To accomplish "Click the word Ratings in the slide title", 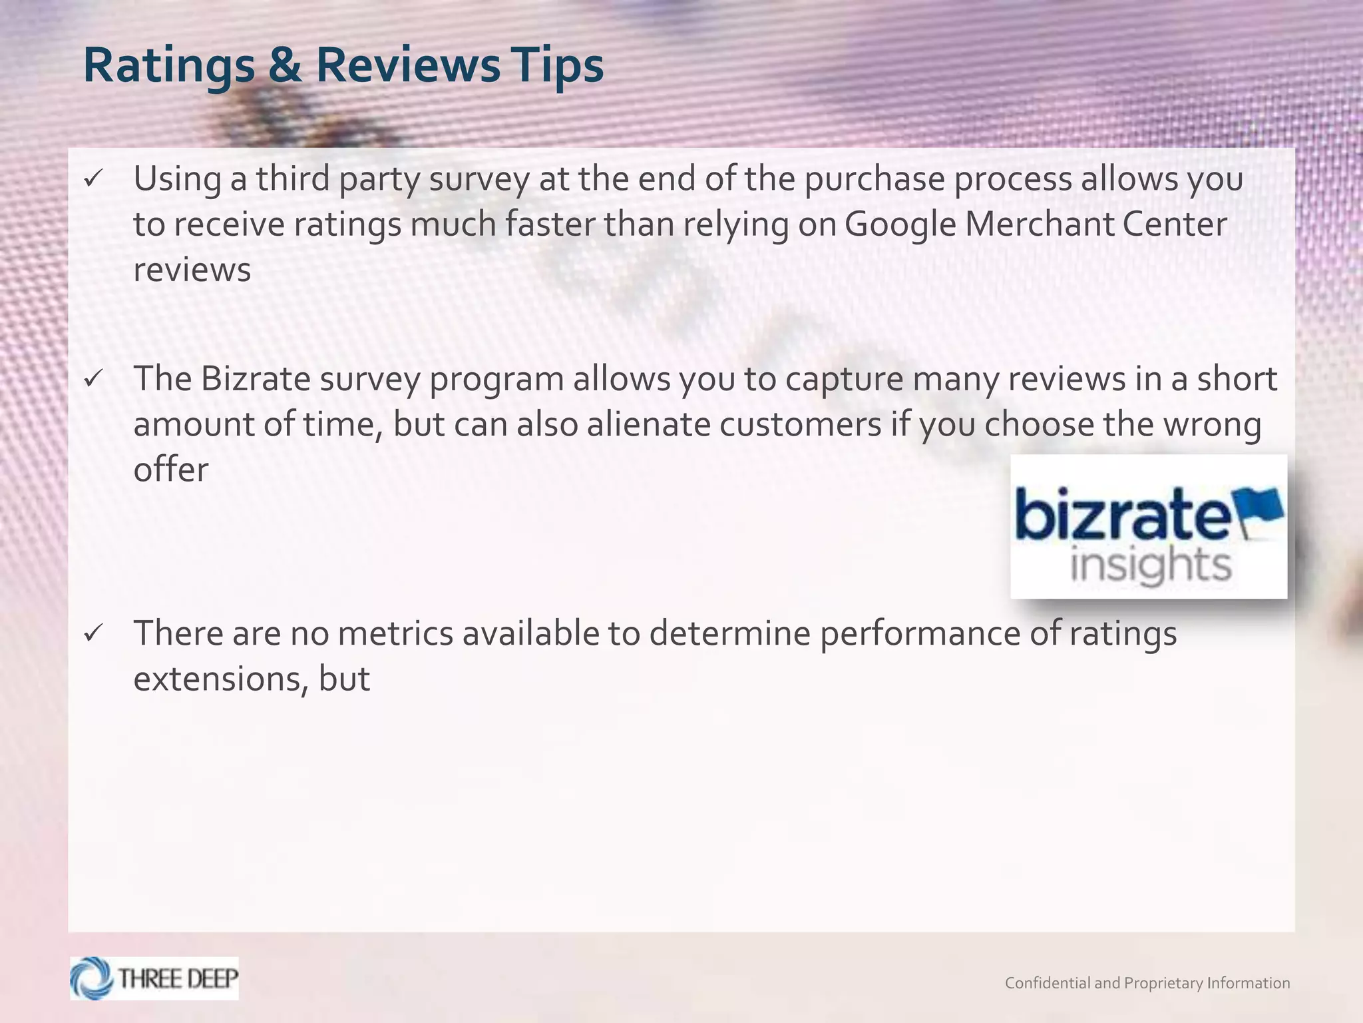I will click(169, 67).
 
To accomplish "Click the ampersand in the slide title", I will click(285, 65).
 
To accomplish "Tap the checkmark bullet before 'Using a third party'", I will click(93, 178).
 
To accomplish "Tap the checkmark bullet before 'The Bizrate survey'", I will click(93, 379).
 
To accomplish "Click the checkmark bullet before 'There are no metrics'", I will click(93, 633).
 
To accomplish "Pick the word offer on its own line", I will click(171, 470).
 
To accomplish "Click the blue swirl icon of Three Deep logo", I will click(92, 978).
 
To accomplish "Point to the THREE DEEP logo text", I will click(178, 978).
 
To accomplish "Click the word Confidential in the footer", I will click(1048, 983).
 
